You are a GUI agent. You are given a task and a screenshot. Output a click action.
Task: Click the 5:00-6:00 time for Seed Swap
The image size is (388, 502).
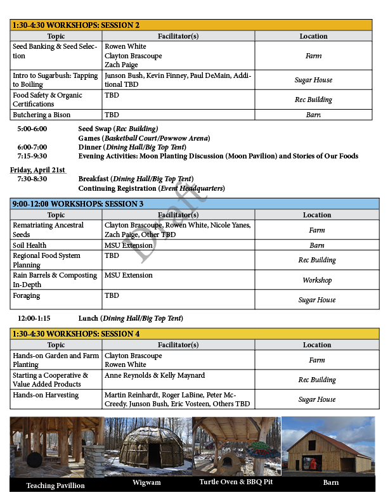[32, 129]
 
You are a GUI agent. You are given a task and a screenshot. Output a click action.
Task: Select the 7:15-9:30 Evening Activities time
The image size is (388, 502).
[32, 156]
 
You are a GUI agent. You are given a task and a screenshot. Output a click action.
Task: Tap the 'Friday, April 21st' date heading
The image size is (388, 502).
[37, 170]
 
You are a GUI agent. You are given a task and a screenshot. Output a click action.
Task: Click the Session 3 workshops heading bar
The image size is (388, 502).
[195, 203]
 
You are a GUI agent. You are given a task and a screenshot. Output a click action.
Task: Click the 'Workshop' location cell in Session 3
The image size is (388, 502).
[317, 280]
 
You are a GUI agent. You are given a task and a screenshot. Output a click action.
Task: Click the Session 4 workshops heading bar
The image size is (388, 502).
[195, 333]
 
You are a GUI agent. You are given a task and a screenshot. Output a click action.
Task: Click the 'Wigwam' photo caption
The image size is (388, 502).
[146, 483]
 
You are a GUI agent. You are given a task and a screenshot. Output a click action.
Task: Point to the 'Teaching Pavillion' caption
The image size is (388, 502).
[56, 486]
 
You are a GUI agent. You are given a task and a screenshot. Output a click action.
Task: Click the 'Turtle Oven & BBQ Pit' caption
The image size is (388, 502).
[236, 483]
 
